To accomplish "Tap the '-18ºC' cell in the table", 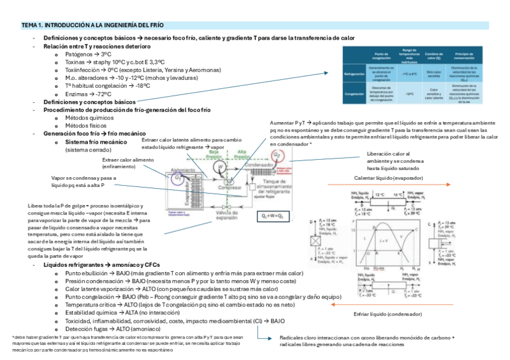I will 410,94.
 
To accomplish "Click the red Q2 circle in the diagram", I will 277,154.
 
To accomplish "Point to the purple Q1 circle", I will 178,177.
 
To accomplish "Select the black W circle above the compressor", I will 221,166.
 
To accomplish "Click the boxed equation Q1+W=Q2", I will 272,215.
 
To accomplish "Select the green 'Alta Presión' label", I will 241,154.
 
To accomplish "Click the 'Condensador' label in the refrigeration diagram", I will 259,165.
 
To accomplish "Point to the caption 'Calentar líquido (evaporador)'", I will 389,178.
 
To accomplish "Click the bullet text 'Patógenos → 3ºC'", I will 88,54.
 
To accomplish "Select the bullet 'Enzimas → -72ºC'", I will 88,94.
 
